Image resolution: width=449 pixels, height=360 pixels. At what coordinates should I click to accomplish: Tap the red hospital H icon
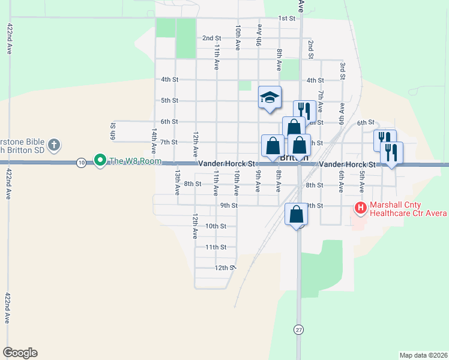361,208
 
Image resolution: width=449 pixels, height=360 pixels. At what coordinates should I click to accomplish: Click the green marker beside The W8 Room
100,161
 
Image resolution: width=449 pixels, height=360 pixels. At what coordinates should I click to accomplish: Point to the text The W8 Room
127,161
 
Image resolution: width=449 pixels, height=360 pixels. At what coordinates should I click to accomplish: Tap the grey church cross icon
54,145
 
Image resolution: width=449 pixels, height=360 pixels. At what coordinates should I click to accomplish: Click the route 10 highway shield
80,162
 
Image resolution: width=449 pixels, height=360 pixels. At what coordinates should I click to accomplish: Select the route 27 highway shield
298,329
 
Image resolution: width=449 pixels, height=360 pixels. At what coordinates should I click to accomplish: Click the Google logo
20,353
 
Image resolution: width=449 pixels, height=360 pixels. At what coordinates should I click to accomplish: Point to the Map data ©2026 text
423,355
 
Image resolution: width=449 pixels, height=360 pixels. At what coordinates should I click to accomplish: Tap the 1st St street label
287,18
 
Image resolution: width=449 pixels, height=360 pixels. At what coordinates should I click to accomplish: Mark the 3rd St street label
342,70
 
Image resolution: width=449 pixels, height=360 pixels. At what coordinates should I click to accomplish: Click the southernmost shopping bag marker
296,215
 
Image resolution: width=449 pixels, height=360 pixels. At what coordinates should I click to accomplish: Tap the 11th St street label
215,247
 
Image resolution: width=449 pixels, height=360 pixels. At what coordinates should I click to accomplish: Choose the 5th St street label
170,100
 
